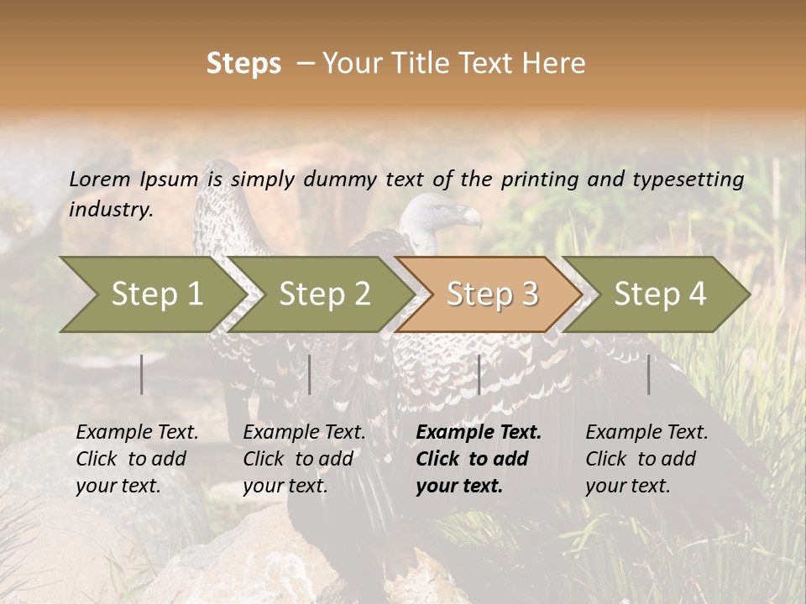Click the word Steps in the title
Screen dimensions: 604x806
click(x=243, y=64)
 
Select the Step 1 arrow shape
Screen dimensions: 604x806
click(x=151, y=294)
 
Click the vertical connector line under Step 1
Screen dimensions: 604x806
click(x=142, y=374)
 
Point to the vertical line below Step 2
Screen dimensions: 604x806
click(x=310, y=374)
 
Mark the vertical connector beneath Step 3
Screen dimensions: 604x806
click(x=479, y=374)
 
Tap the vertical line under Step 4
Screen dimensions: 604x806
click(x=649, y=374)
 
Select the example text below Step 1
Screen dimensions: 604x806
click(x=137, y=459)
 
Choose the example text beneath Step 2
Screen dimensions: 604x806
click(x=304, y=459)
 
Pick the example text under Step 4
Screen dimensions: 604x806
click(x=646, y=459)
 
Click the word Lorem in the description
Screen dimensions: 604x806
click(x=100, y=179)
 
